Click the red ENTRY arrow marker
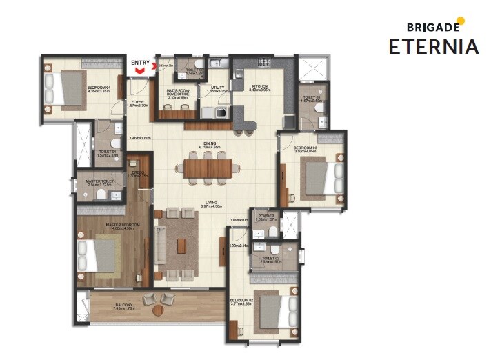coord(141,70)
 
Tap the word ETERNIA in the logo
coord(434,47)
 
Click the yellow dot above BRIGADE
coord(460,21)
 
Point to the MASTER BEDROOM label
coord(122,226)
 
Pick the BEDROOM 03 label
coord(306,148)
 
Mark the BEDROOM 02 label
coord(243,301)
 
